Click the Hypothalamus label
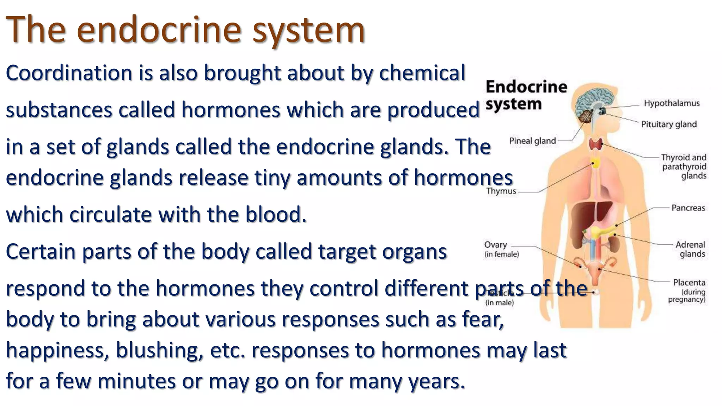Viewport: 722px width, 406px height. (x=672, y=103)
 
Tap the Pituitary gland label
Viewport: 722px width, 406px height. (x=669, y=124)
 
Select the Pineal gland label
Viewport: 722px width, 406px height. (x=532, y=141)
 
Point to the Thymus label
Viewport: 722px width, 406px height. (x=501, y=191)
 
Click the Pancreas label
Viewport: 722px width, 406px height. (x=688, y=208)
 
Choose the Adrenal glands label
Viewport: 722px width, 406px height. (x=691, y=249)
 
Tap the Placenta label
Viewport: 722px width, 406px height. (x=689, y=282)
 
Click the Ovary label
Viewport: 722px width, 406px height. (x=495, y=245)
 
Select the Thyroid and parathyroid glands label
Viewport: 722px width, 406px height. (x=684, y=166)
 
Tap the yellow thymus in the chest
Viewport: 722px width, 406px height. (x=595, y=163)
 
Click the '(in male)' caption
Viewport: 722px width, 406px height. (x=499, y=303)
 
